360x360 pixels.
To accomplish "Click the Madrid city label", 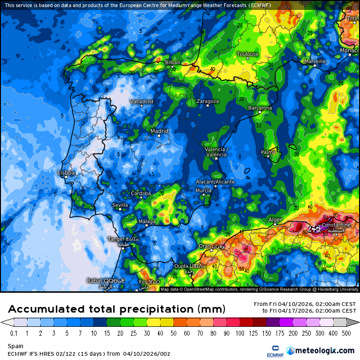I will (159, 131).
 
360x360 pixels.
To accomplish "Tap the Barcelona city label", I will (260, 108).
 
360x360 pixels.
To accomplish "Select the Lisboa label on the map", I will (66, 173).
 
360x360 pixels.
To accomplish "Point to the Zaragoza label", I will (207, 101).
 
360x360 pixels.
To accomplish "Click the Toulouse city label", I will (247, 54).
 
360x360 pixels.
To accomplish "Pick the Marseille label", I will (315, 61).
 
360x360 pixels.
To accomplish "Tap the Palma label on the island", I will (268, 152).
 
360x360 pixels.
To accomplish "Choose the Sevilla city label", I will (120, 205).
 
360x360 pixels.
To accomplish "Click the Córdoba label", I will (141, 193).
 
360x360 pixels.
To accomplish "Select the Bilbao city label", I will (172, 63).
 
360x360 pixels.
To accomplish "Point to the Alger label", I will (275, 219).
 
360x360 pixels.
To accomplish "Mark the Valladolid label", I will (142, 101).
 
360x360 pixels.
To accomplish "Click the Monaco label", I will (350, 50).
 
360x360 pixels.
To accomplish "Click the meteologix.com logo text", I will (324, 351).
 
